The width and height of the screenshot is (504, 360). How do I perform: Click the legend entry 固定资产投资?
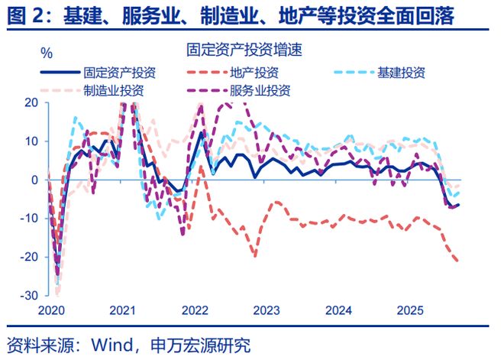(x=121, y=73)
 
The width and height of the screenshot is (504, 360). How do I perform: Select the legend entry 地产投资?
(x=254, y=73)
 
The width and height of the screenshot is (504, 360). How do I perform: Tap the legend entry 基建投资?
(x=401, y=73)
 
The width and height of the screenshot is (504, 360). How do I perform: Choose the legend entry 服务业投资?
(x=260, y=90)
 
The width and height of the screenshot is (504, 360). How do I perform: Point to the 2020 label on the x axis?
(x=50, y=311)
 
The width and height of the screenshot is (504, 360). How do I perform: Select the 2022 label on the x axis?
(x=195, y=311)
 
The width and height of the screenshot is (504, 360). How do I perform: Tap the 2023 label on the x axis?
(x=267, y=311)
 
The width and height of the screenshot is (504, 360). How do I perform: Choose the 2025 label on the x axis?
(x=411, y=311)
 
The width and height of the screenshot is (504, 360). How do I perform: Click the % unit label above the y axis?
(x=47, y=53)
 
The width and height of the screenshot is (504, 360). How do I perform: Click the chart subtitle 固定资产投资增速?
(x=244, y=51)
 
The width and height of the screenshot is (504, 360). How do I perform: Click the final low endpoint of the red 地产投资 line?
(x=458, y=261)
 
